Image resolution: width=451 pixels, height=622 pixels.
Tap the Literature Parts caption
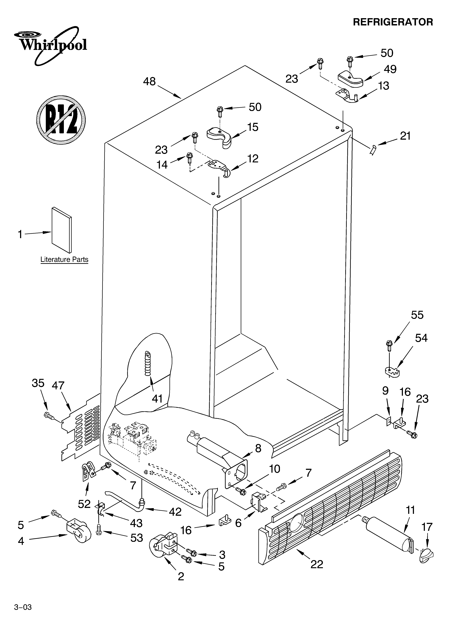(64, 259)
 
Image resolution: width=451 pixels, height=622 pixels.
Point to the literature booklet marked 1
(62, 230)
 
